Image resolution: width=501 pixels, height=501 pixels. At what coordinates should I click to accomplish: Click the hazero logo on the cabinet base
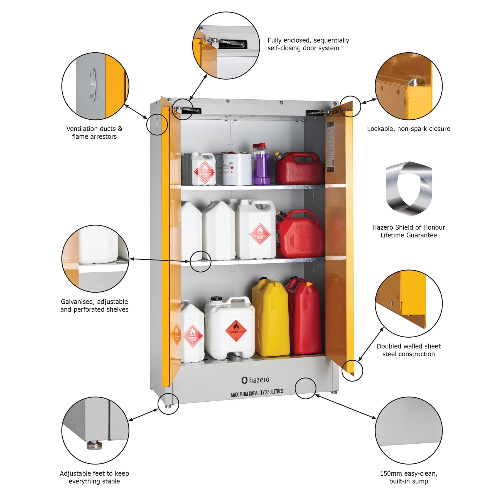tap(255, 380)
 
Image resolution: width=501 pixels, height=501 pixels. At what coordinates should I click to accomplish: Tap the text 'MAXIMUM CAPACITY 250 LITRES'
tap(257, 393)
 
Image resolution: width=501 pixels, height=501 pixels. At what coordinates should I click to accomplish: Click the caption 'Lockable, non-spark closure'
tap(408, 129)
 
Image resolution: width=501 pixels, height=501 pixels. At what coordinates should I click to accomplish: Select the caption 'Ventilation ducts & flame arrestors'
tap(94, 132)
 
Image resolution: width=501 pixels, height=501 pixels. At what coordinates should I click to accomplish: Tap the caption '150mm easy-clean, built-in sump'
tap(408, 477)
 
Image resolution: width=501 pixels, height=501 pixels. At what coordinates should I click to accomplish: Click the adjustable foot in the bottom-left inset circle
tap(94, 445)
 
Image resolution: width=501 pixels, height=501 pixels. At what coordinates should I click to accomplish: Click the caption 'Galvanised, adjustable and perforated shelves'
tap(94, 305)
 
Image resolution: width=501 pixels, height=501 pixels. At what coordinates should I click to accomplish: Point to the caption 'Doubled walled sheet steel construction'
tap(408, 350)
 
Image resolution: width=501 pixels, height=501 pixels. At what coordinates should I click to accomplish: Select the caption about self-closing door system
tap(308, 44)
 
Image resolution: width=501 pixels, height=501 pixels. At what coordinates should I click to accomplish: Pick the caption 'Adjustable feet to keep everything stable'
tap(94, 477)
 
